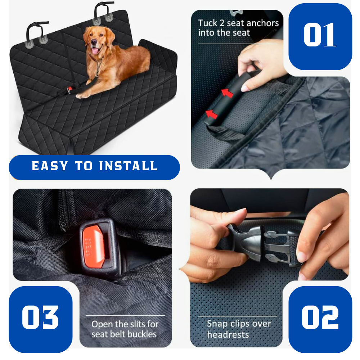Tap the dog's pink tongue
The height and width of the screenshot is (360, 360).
tap(95, 50)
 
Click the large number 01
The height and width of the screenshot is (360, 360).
tap(320, 35)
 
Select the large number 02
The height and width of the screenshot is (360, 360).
tap(320, 318)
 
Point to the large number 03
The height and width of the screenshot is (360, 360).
tap(40, 318)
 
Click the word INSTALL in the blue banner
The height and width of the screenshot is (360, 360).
tap(129, 166)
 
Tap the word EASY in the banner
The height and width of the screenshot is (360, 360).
tap(50, 166)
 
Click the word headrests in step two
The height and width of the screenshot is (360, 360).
tap(228, 334)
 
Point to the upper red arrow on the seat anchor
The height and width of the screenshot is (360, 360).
tap(227, 93)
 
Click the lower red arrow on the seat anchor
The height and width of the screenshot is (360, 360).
tap(211, 114)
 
